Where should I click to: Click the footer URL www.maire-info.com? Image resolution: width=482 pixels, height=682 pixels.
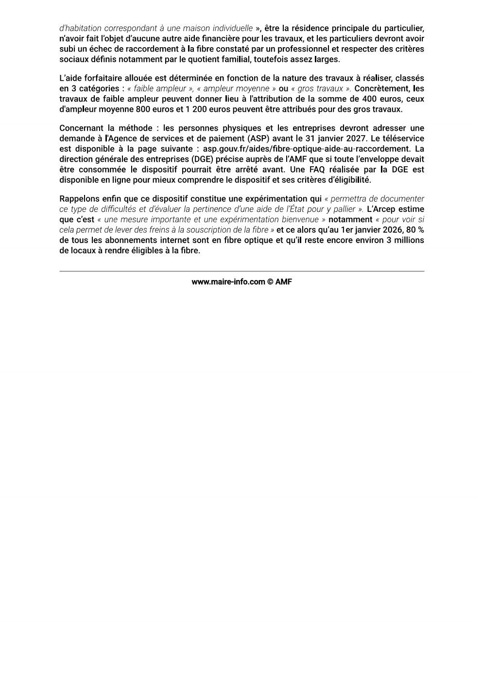[x=228, y=281]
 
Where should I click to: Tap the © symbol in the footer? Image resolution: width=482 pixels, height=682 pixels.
[x=270, y=281]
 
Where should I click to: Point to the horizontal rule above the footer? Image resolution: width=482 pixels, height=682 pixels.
[x=241, y=271]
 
